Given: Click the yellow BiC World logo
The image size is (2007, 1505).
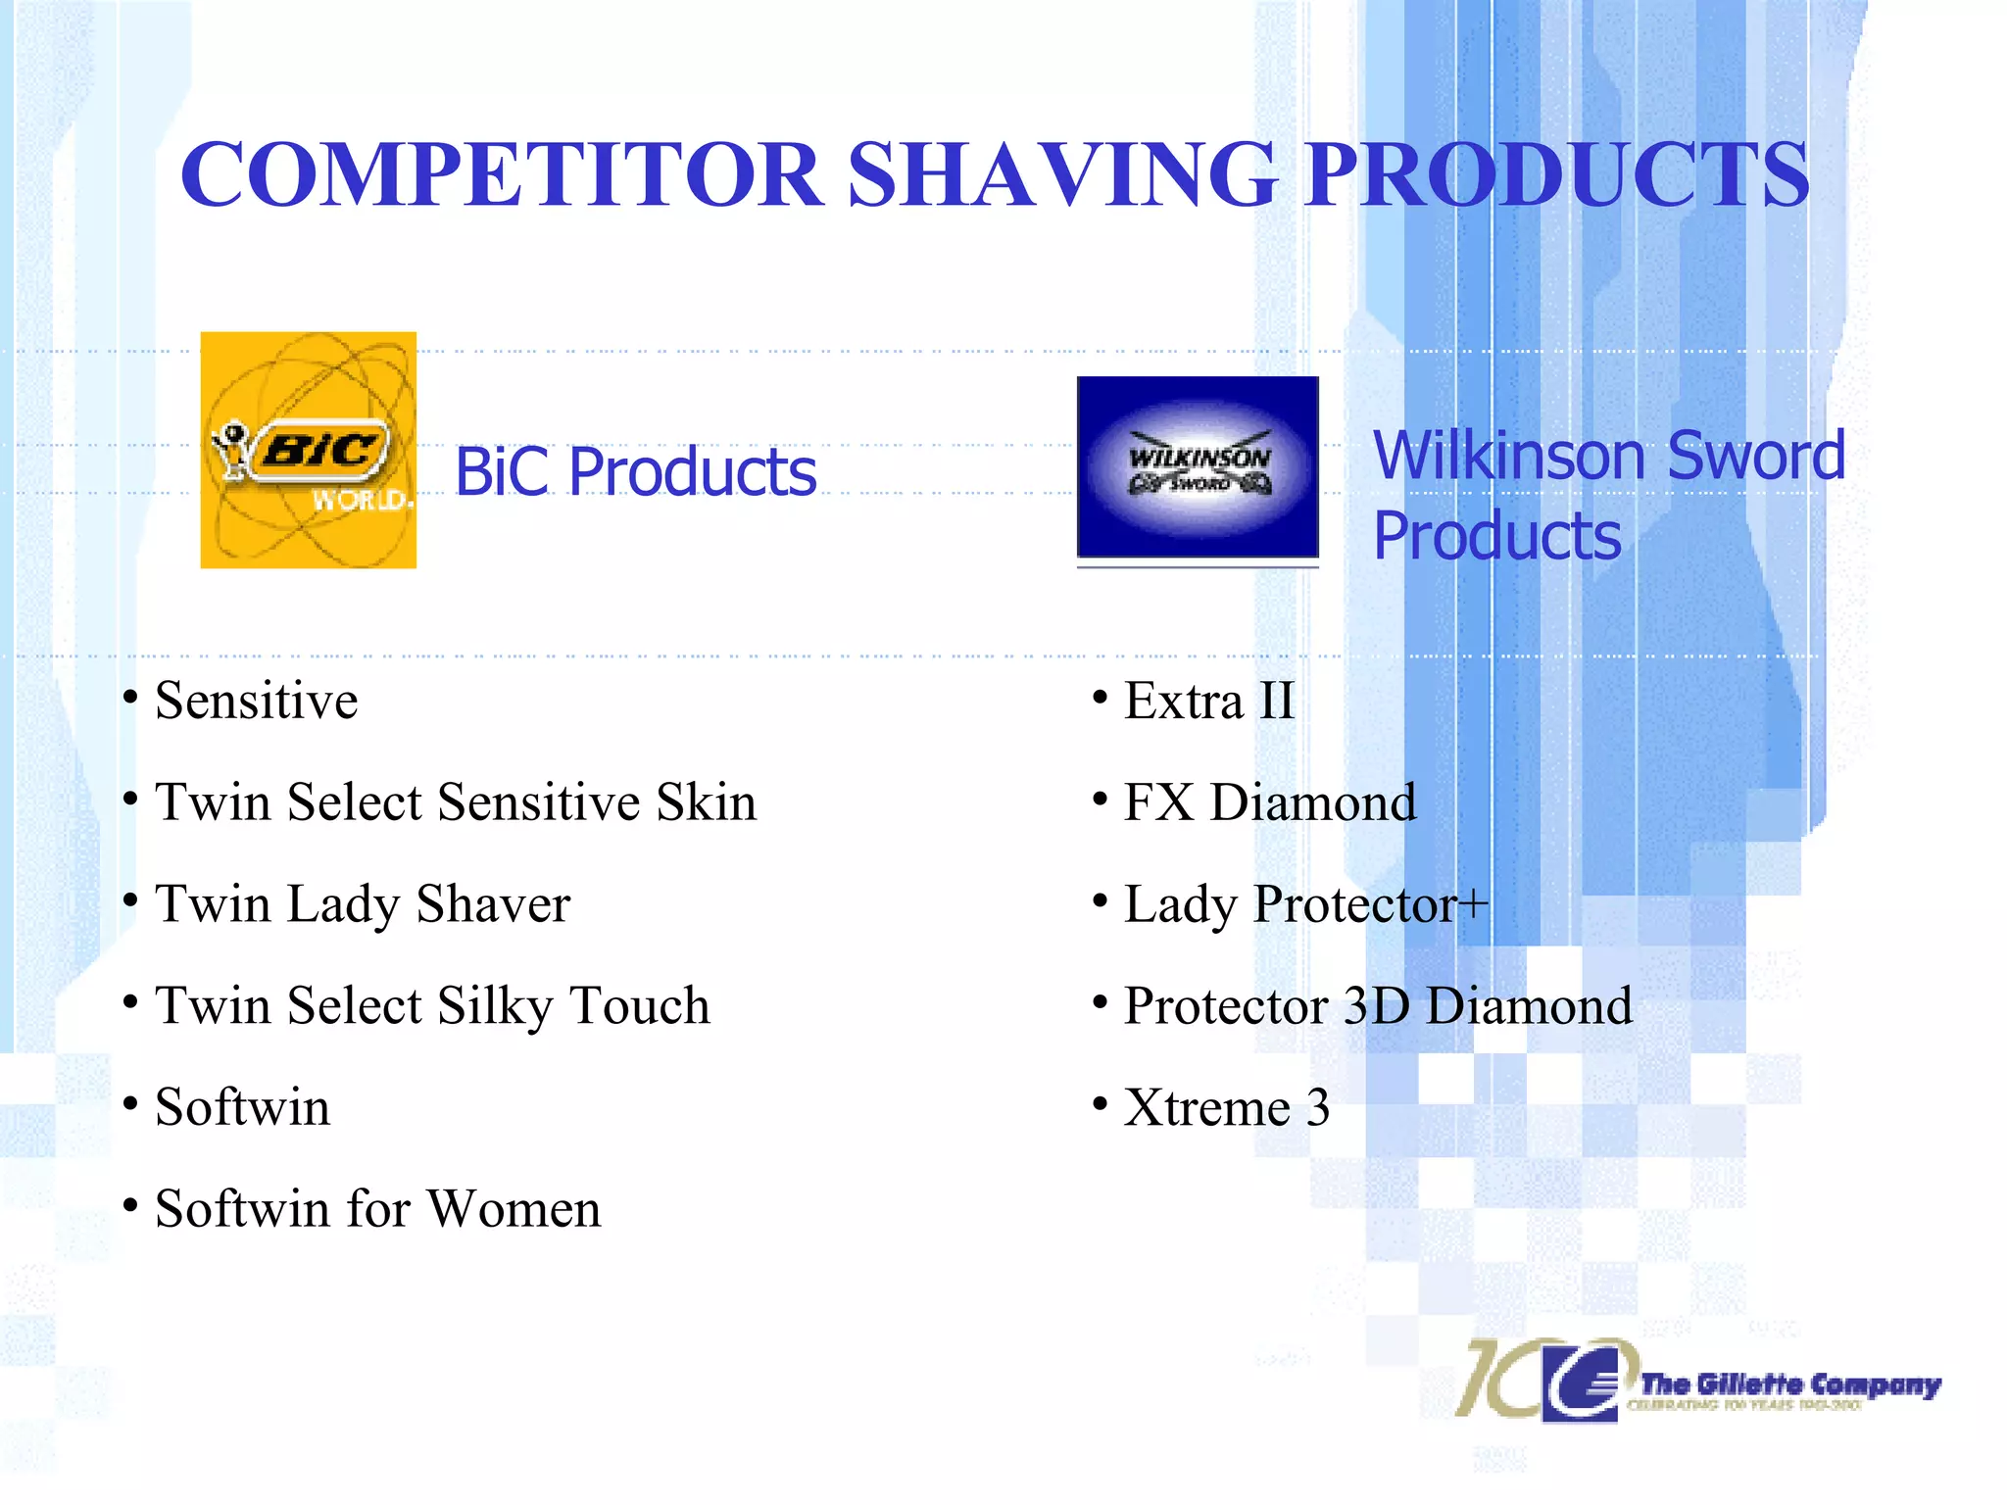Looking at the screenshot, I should [308, 450].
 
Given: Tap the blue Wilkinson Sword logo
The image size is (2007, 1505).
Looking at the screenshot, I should [1198, 467].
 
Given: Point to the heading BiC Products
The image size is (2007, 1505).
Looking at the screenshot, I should [635, 472].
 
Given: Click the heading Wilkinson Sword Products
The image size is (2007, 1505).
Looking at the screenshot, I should [1607, 496].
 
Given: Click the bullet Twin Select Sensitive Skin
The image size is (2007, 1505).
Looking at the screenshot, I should [456, 802].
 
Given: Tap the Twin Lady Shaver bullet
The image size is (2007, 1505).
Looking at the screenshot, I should [363, 903].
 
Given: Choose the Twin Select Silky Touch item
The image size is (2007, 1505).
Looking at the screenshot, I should [432, 1005].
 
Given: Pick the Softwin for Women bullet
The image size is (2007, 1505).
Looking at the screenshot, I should [377, 1209].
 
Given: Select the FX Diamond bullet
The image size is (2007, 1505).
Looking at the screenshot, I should [1270, 802].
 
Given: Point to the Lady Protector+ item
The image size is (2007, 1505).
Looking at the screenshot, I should [1305, 903].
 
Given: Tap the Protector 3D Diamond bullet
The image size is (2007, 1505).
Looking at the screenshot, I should [1378, 1005].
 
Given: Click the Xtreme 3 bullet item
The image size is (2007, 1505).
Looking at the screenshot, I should [1226, 1108].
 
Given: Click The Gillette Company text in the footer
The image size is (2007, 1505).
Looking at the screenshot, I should [1789, 1384].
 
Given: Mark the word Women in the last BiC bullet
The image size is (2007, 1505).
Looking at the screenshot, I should [514, 1209].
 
